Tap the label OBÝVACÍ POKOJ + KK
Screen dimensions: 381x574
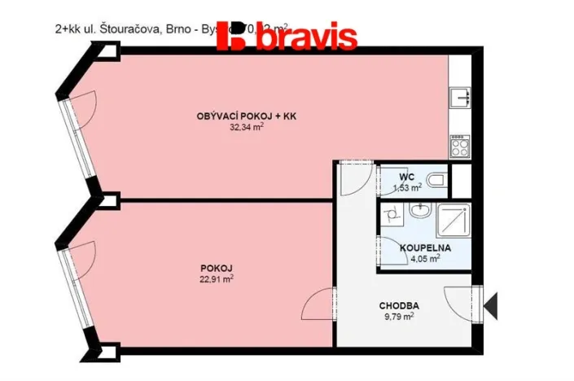pos(246,117)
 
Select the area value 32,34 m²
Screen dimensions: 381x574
pos(246,128)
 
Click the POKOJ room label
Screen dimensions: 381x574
pos(214,268)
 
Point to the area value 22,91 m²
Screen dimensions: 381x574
pos(215,278)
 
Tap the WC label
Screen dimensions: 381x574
pos(407,177)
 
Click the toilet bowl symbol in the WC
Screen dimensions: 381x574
pos(437,180)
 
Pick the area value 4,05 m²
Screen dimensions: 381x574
pos(423,258)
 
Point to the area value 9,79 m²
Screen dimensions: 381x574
pos(398,317)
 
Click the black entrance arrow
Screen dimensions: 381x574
pos(491,305)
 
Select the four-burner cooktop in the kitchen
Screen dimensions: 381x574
pos(458,147)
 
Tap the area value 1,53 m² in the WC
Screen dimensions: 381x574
pos(407,187)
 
